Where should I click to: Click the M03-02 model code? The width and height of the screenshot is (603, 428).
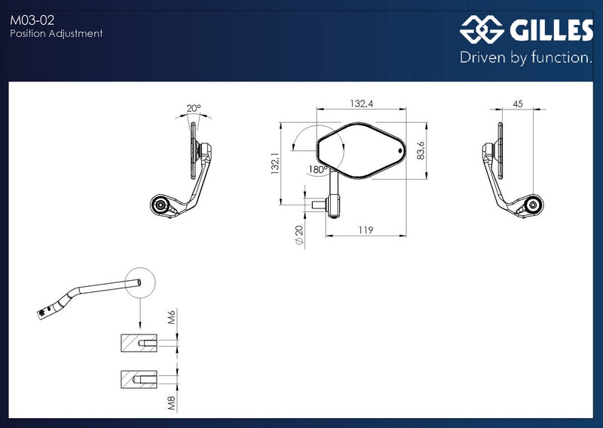(32, 20)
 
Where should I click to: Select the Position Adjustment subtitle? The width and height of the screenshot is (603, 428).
(56, 33)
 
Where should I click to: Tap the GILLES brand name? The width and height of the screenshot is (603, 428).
(552, 30)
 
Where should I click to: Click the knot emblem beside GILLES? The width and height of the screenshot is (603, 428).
(482, 29)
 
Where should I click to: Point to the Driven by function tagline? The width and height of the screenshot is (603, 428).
(526, 57)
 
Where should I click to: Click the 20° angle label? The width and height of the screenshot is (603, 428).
(194, 108)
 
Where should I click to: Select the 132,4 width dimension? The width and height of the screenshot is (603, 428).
(362, 103)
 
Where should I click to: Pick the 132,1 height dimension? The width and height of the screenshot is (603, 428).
(275, 163)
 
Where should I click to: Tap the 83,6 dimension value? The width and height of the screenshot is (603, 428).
(421, 150)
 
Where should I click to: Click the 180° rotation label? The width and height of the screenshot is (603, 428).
(317, 170)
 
